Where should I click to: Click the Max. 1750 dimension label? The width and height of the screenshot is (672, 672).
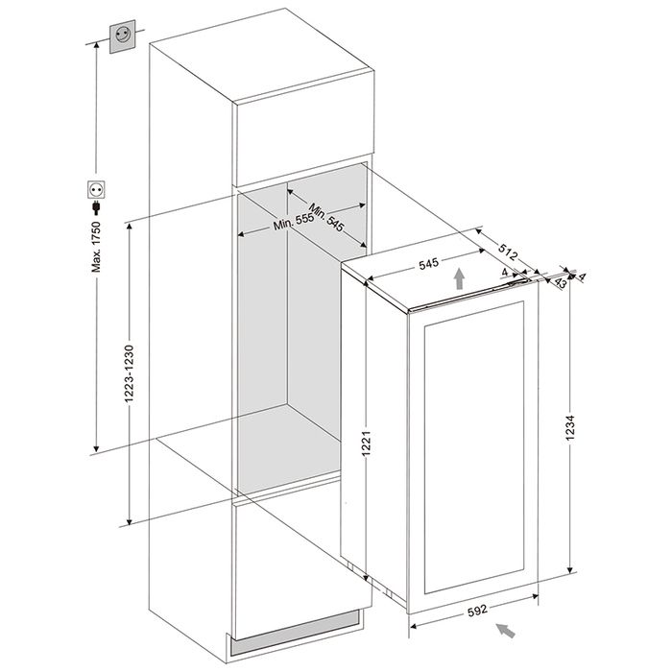(96, 247)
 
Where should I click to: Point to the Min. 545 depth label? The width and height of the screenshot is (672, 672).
(326, 217)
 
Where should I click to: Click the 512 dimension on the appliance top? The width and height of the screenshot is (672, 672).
(508, 252)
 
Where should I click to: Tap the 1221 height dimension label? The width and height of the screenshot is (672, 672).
(366, 444)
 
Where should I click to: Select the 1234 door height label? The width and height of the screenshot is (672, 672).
(569, 427)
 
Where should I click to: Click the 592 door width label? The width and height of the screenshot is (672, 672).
(477, 610)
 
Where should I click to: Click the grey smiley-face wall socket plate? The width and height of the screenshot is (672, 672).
(123, 36)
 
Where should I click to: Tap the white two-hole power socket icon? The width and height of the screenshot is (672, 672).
(96, 189)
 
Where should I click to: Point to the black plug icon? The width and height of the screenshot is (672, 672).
(96, 208)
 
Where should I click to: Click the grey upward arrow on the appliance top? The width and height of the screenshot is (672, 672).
(460, 278)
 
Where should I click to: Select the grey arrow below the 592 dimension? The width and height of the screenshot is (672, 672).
(506, 631)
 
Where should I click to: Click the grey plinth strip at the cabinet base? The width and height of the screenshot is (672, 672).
(296, 628)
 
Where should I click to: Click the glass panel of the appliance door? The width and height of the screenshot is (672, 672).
(474, 447)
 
